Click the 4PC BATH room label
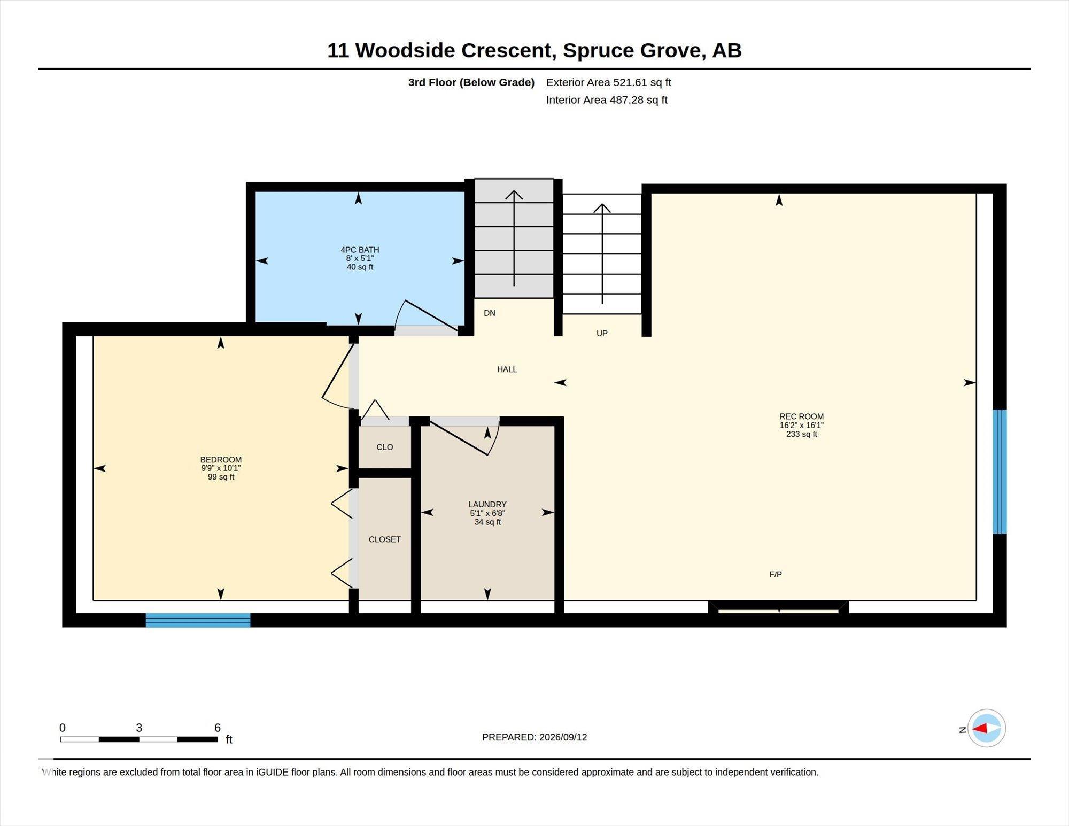click(360, 250)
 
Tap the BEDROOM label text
click(221, 460)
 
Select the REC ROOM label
click(801, 416)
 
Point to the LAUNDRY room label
click(487, 504)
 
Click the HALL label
click(507, 369)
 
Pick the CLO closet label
click(385, 447)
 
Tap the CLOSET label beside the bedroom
click(385, 539)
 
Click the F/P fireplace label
click(776, 574)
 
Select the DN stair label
click(490, 313)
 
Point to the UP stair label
click(602, 333)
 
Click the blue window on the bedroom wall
click(198, 620)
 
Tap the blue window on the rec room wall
click(1000, 472)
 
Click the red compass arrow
click(980, 728)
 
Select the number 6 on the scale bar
click(218, 728)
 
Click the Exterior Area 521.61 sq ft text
click(609, 82)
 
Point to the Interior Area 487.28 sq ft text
click(607, 100)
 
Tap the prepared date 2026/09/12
click(563, 737)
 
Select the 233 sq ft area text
click(801, 434)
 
